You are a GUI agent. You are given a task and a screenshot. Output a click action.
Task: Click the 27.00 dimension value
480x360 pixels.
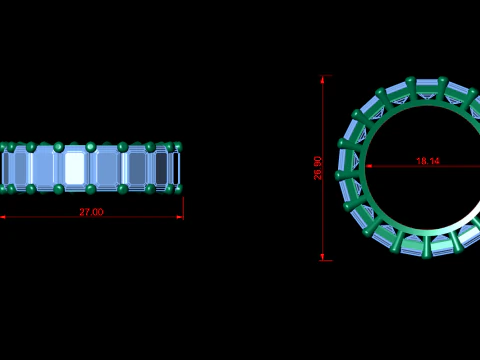[91, 212]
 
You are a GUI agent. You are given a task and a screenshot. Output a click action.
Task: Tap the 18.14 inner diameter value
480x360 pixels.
[427, 161]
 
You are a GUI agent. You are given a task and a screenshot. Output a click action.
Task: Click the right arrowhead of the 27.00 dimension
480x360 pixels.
[181, 217]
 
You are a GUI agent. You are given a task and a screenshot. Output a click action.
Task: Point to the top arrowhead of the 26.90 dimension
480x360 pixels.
[323, 78]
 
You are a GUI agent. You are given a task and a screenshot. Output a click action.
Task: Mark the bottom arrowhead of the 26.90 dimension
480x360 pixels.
[323, 257]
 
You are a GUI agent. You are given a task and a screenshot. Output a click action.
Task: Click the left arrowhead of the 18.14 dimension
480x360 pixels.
[369, 166]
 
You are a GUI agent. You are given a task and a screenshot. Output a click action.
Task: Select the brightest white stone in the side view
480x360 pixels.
[75, 167]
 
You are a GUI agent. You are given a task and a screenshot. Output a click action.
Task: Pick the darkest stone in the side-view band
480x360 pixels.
[161, 167]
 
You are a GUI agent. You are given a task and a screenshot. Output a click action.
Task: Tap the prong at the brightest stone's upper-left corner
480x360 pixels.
[59, 147]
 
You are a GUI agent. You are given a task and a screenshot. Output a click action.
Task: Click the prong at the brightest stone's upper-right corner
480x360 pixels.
[91, 147]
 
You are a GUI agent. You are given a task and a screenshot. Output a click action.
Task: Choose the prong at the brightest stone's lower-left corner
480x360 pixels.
[59, 188]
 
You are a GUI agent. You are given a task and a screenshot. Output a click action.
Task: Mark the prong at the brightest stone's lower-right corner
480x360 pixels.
[91, 188]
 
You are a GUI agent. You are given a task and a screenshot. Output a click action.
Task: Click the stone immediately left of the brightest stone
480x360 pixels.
[45, 167]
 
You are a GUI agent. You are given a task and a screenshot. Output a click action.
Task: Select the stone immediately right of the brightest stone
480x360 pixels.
[107, 167]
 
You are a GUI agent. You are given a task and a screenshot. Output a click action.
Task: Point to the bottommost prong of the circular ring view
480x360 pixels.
[427, 252]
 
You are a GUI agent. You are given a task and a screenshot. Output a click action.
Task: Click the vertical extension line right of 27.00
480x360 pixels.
[183, 205]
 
